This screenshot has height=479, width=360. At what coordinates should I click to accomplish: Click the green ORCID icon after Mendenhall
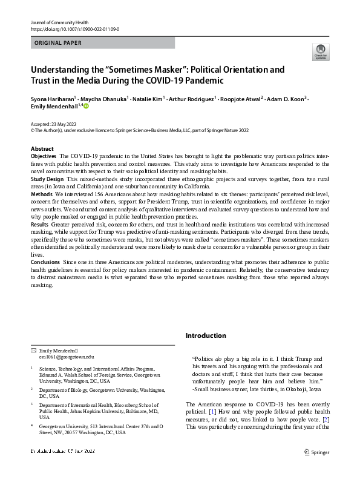[86, 107]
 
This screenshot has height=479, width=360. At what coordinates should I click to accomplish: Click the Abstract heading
[42, 148]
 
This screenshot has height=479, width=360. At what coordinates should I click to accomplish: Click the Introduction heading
[206, 335]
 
